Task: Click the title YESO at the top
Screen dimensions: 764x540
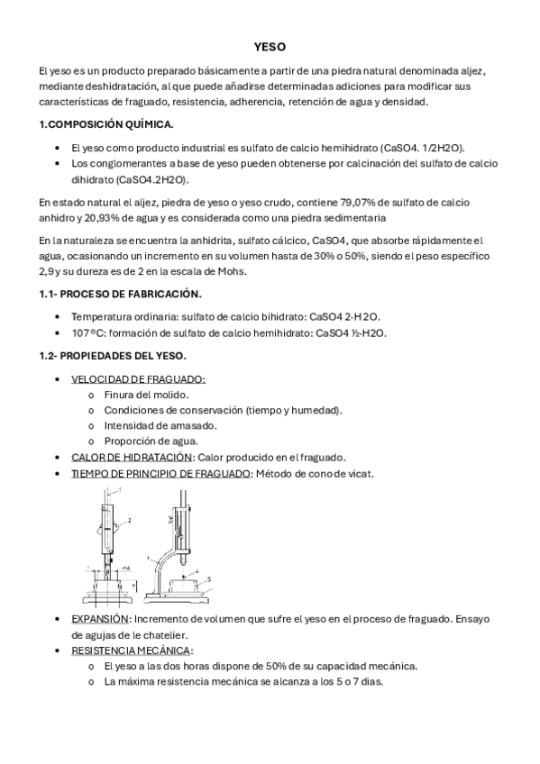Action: (x=270, y=48)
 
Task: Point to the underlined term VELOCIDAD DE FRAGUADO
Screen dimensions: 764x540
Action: (x=138, y=379)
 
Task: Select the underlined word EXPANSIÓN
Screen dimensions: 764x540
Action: (x=99, y=619)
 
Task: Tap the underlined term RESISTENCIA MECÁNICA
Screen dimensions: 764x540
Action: (x=131, y=650)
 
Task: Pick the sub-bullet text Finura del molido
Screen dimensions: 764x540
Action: (x=145, y=396)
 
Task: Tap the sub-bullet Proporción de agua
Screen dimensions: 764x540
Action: (x=149, y=441)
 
